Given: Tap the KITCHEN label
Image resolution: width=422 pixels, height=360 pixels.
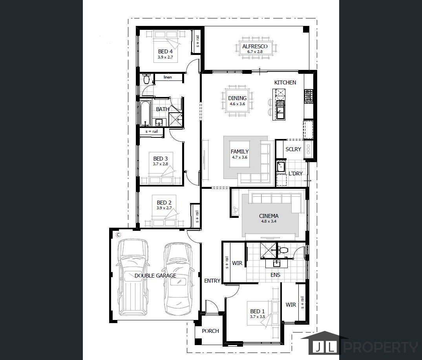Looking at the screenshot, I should pyautogui.click(x=285, y=82).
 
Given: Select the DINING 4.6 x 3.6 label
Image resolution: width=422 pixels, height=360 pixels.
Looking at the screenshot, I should pyautogui.click(x=237, y=101).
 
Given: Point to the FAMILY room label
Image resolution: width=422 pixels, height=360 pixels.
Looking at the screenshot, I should pyautogui.click(x=239, y=154).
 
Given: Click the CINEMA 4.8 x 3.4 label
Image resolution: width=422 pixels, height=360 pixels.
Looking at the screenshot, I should pyautogui.click(x=269, y=218).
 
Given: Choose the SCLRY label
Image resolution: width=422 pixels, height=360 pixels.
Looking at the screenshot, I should pyautogui.click(x=293, y=149).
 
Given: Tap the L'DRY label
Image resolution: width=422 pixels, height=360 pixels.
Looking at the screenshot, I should pyautogui.click(x=295, y=174).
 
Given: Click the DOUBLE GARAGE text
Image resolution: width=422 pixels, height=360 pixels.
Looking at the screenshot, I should pyautogui.click(x=155, y=276).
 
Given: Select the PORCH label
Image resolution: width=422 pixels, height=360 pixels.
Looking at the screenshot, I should pyautogui.click(x=210, y=331).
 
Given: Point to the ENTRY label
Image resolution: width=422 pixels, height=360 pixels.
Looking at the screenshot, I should pyautogui.click(x=212, y=281).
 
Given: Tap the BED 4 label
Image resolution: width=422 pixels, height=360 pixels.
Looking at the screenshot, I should pyautogui.click(x=165, y=54).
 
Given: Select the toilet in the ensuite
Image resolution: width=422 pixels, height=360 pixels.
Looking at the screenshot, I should pyautogui.click(x=283, y=250).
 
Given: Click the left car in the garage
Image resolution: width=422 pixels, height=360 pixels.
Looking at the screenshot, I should pyautogui.click(x=133, y=277).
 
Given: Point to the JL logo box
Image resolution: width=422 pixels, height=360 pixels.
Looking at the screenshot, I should pyautogui.click(x=321, y=347).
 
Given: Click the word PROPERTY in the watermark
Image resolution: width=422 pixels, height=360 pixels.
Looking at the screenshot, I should pyautogui.click(x=380, y=347).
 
